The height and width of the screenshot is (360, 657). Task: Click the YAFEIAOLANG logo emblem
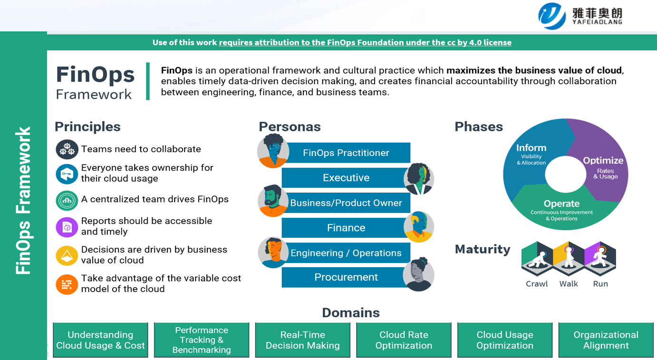click(x=552, y=16)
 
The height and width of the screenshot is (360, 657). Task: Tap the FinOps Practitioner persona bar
click(x=346, y=153)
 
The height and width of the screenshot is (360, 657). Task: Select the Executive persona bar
click(x=346, y=178)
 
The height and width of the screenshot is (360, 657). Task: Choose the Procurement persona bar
click(x=346, y=277)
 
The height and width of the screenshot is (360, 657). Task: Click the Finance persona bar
click(x=346, y=228)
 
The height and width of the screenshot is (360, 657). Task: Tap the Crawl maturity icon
click(x=537, y=259)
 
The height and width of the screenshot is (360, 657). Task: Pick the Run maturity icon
click(x=600, y=259)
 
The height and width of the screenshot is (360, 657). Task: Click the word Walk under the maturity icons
click(x=569, y=284)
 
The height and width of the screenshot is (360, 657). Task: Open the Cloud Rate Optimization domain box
click(x=404, y=340)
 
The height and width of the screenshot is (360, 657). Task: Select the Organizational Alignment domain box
click(x=606, y=340)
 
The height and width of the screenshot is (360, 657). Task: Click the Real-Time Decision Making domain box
click(x=302, y=340)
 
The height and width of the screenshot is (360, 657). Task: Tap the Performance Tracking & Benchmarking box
click(x=202, y=340)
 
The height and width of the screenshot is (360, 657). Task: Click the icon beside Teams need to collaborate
click(x=67, y=149)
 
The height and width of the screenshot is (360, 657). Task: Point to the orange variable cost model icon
click(x=67, y=284)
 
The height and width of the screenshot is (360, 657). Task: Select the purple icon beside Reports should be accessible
click(x=67, y=227)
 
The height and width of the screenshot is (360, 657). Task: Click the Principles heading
click(x=87, y=126)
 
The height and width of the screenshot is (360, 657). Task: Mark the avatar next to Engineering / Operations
click(x=273, y=252)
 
